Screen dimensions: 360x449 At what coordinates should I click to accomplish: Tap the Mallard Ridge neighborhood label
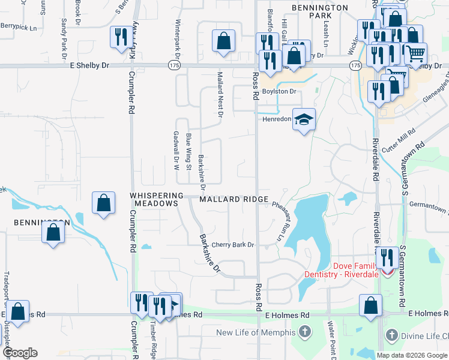230,199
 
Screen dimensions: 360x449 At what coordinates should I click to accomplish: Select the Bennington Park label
320,12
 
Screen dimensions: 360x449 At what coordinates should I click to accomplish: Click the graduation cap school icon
304,119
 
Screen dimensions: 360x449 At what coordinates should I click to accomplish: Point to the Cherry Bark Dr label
233,245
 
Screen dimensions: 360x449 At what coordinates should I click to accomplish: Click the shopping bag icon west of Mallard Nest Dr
223,41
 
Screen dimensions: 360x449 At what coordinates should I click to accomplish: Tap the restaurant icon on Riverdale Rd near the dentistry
385,257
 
